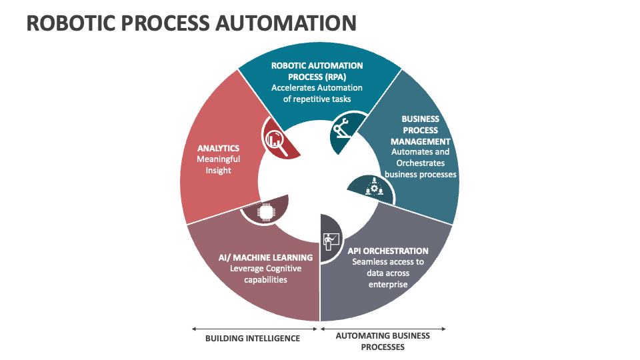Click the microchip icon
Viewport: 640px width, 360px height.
click(x=266, y=213)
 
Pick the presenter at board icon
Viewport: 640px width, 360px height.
click(x=330, y=239)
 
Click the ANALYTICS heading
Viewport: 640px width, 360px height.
click(x=218, y=148)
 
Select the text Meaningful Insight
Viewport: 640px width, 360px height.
click(x=218, y=165)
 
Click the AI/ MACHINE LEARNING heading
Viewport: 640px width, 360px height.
click(x=265, y=257)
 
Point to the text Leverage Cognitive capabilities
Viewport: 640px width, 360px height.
click(x=265, y=274)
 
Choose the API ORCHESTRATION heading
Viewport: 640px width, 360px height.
click(x=388, y=251)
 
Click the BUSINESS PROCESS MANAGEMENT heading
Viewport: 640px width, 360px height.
click(x=420, y=130)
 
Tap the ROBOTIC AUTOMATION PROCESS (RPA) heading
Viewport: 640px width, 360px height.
click(x=317, y=71)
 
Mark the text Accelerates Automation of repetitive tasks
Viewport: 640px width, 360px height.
click(x=317, y=93)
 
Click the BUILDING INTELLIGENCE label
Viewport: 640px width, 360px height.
click(x=252, y=338)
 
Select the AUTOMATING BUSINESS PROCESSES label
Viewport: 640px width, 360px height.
click(x=383, y=341)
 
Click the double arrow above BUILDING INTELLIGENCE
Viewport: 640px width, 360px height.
click(x=255, y=328)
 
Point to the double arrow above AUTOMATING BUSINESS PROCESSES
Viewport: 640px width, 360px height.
click(x=383, y=328)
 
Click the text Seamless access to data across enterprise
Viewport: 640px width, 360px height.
click(x=388, y=273)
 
